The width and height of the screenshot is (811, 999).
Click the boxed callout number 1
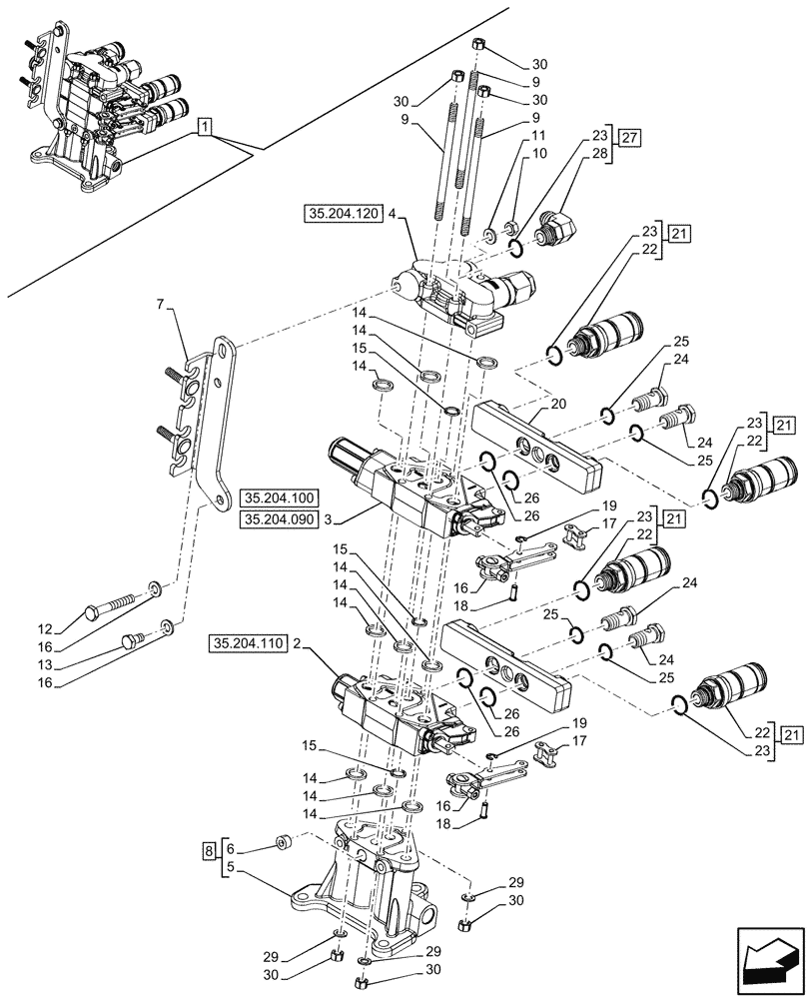pos(204,126)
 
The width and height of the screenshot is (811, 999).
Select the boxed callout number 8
pos(207,851)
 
